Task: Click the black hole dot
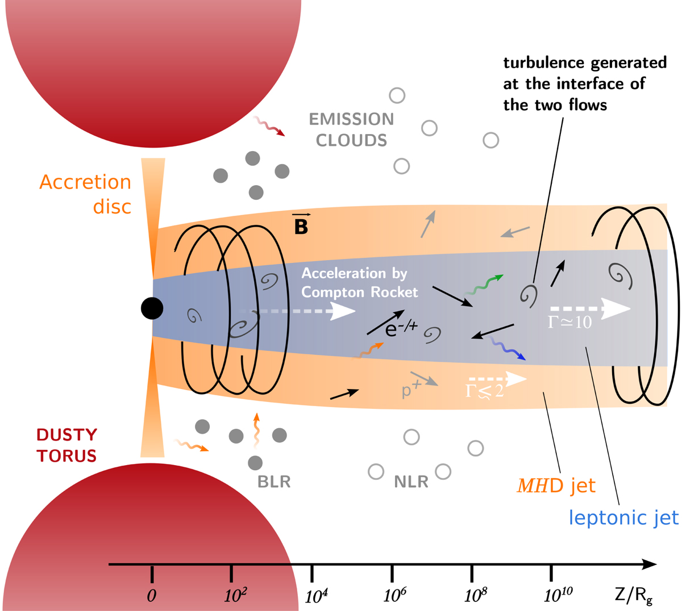point(152,308)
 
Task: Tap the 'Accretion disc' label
point(85,194)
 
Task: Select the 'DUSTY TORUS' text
point(66,445)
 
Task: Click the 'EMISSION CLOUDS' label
point(351,129)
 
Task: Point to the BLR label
point(274,482)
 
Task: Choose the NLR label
point(411,482)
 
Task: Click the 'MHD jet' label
point(556,486)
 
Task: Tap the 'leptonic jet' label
point(623,518)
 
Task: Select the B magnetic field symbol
point(300,224)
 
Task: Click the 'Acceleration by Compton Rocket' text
point(359,283)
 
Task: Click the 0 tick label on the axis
point(151,596)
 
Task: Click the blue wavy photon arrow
point(507,349)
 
